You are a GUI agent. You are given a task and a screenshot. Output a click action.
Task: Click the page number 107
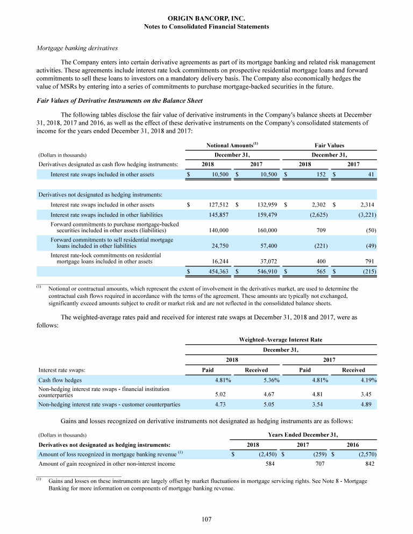coord(206,519)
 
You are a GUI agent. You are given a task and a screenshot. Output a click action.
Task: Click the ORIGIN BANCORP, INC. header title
coord(206,18)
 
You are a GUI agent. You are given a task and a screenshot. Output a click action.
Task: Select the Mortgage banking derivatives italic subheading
coord(77,48)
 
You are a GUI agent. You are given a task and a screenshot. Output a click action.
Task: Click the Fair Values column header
coord(329,145)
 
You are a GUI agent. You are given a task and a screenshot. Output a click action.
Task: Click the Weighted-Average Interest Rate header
coord(280,339)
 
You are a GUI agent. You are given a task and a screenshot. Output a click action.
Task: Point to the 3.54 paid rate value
coord(320,404)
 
